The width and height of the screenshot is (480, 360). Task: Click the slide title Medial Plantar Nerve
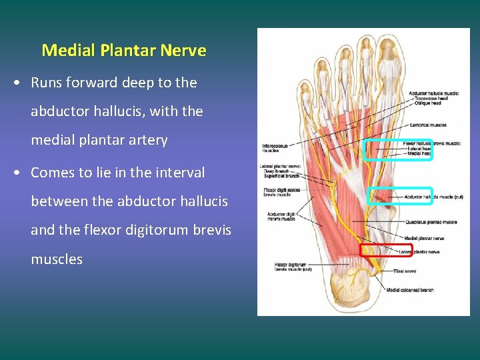[124, 50]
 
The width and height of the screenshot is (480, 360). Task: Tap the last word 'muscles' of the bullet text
[57, 259]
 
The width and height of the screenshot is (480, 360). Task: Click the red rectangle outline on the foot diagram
[377, 251]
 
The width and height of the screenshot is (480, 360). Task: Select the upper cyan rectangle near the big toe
[397, 150]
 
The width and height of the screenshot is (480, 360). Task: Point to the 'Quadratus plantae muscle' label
[431, 222]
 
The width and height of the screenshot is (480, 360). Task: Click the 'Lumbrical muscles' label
[429, 124]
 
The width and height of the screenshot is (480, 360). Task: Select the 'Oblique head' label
[427, 103]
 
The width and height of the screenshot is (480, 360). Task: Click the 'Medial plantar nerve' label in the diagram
[424, 238]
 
